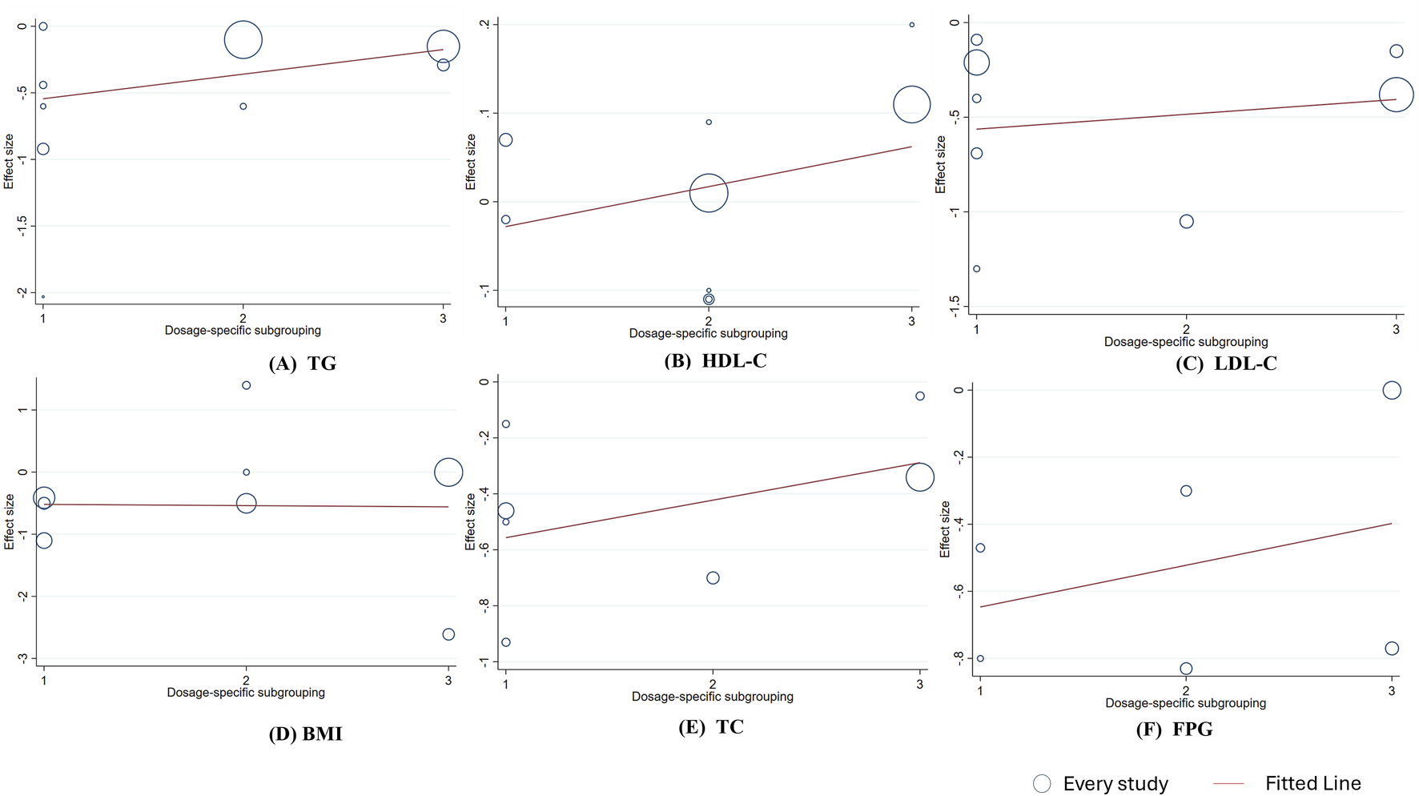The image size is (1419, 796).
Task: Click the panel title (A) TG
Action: (x=302, y=364)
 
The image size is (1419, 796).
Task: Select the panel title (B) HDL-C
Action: (x=715, y=360)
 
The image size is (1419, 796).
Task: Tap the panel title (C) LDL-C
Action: (x=1225, y=364)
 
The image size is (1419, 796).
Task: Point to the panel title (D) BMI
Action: (x=305, y=734)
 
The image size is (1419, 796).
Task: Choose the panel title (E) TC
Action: (x=711, y=727)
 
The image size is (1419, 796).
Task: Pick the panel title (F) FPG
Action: (x=1174, y=730)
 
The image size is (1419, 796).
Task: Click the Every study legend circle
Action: (x=1042, y=783)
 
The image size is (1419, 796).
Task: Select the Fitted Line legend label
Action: (x=1312, y=783)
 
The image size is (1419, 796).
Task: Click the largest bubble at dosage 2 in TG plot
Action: (x=243, y=39)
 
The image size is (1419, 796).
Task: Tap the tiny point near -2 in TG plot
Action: (x=43, y=297)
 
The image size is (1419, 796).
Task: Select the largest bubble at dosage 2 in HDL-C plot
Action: (x=709, y=192)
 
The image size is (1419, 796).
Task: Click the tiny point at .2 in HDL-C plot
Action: (x=911, y=25)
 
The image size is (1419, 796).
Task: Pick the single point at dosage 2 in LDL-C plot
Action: (x=1186, y=221)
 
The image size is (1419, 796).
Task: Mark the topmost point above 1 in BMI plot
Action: (x=247, y=385)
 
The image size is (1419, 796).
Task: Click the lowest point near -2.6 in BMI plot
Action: (x=448, y=634)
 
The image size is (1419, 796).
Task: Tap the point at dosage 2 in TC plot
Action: (x=713, y=577)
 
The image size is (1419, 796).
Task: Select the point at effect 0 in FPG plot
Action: (x=1392, y=390)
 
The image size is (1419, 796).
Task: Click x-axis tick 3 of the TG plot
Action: (x=443, y=319)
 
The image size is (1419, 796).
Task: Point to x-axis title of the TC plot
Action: (x=712, y=697)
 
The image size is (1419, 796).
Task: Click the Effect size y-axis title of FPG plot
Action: (x=945, y=529)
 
